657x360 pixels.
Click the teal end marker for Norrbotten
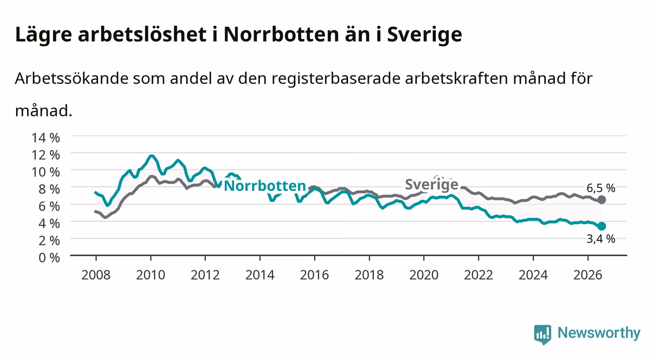click(602, 226)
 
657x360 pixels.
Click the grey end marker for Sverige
click(602, 200)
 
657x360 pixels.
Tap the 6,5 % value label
click(601, 188)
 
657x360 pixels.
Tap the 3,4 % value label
click(601, 239)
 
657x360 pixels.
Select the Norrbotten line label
click(265, 186)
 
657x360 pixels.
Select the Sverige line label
click(431, 184)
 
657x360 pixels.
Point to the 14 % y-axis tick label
click(46, 138)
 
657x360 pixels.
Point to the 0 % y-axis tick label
click(49, 257)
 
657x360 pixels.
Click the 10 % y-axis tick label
click(46, 172)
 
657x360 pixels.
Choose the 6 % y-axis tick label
click(49, 206)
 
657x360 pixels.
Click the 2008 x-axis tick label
click(96, 275)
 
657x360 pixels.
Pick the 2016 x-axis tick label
click(314, 275)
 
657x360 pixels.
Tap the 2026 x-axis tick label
click(588, 275)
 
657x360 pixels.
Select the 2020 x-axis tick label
click(424, 275)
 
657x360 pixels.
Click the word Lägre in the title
click(44, 35)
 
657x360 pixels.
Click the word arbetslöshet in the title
click(142, 34)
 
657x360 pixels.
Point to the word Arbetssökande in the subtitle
click(72, 78)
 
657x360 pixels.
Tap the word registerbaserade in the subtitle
click(336, 79)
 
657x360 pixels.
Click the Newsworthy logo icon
click(543, 334)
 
